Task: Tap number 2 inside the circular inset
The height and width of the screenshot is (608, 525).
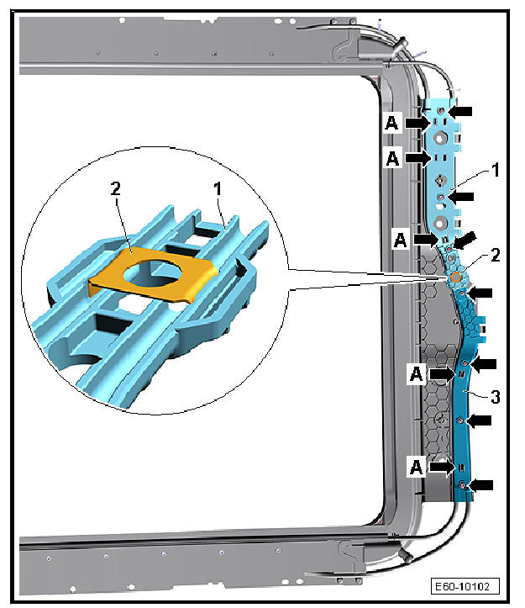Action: pos(115,189)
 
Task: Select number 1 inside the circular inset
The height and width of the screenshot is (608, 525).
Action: pos(218,189)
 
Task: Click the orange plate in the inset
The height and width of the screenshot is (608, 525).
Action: pos(152,276)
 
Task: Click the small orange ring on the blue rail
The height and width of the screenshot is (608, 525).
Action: pos(456,277)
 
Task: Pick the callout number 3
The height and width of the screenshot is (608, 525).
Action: pos(495,397)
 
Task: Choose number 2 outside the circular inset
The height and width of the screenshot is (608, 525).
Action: pos(495,255)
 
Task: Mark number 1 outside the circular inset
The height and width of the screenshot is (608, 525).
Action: pos(495,170)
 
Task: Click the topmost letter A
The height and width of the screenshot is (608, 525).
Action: pos(391,123)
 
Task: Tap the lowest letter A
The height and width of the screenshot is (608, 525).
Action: pos(416,468)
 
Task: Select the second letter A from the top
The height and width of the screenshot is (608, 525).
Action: pos(392,158)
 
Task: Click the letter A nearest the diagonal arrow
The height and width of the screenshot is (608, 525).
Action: pos(400,239)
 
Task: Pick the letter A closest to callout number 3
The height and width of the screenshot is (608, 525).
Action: pos(416,374)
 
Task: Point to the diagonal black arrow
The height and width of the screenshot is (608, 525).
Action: pos(465,240)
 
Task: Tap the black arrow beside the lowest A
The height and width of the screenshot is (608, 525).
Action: pos(443,467)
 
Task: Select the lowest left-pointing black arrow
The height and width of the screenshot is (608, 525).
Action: pos(480,484)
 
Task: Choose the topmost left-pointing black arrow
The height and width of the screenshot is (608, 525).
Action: pos(460,111)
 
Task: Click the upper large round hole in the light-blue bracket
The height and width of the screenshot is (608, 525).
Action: pos(440,138)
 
